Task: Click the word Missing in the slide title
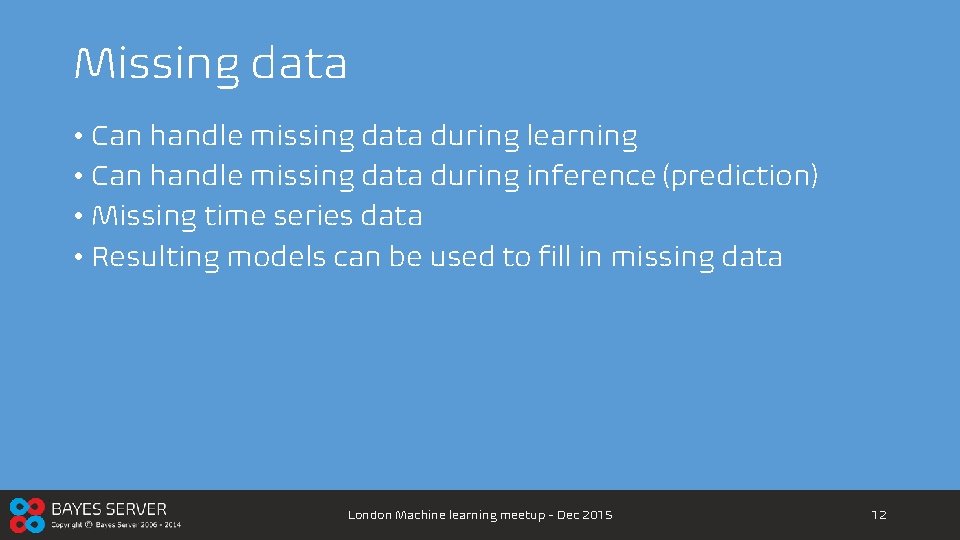(156, 64)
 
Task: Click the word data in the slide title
(299, 63)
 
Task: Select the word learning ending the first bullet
(581, 137)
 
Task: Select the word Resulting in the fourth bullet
(155, 257)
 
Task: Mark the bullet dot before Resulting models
(78, 258)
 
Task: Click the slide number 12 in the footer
(879, 515)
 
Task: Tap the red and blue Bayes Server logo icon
(27, 515)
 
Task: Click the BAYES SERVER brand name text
(109, 509)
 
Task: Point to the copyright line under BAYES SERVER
(116, 525)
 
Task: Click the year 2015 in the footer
(596, 515)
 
